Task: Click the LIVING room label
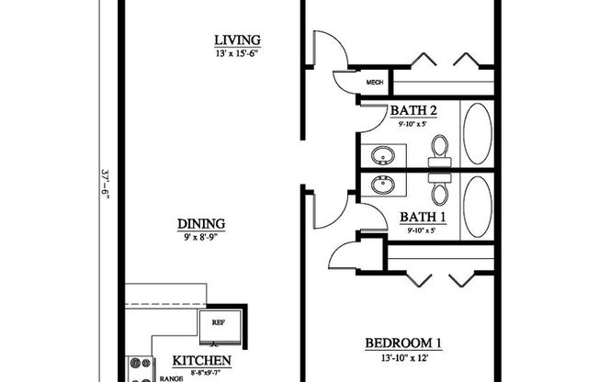coord(237,40)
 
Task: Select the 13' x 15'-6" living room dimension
coord(237,53)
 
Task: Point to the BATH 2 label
coord(413,112)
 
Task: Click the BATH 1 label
coord(423,218)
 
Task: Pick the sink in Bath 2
coord(379,153)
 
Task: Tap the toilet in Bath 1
coord(440,189)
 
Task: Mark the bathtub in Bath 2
coord(476,134)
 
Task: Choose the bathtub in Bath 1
coord(476,208)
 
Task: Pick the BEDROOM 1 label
coord(403,343)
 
